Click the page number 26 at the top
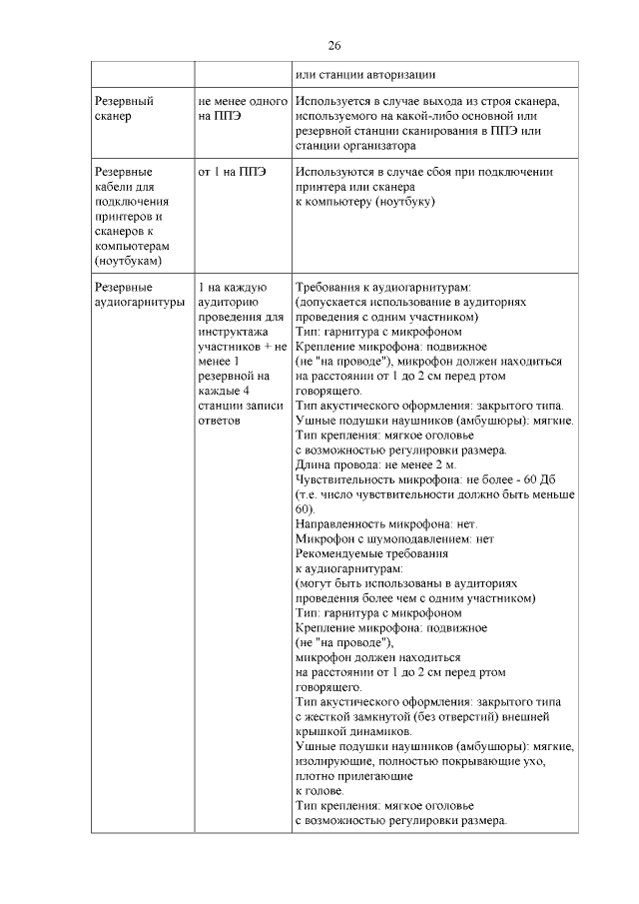coord(334,46)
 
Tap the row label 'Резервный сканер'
coord(123,109)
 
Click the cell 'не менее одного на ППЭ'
coord(243,109)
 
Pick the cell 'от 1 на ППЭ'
coord(232,172)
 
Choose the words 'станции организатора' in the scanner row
coord(355,145)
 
